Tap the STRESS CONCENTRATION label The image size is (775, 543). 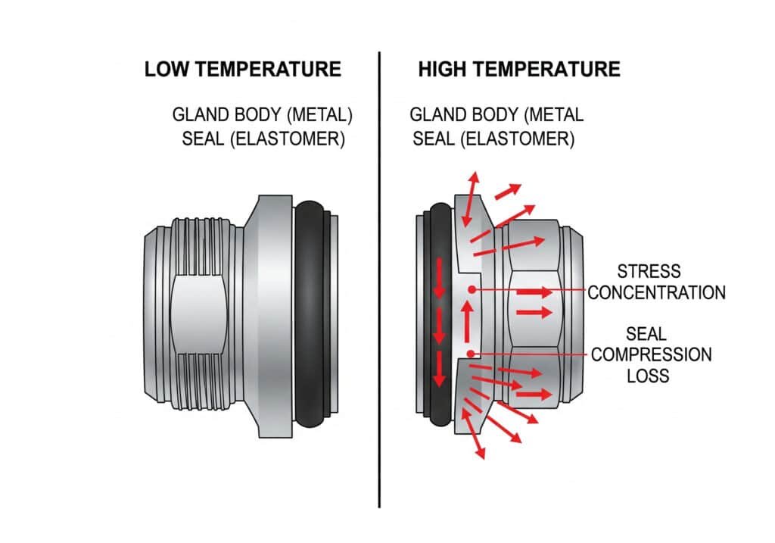pos(656,282)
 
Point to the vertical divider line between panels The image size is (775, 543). pos(379,303)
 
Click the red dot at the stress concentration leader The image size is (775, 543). pos(471,289)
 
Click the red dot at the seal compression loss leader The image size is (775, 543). pos(471,354)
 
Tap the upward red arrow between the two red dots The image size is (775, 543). pos(467,322)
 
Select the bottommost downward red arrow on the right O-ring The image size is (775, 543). pos(438,371)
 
